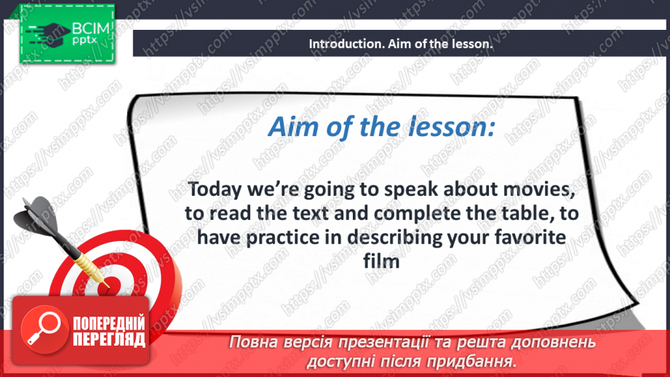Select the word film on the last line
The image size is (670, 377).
(x=381, y=261)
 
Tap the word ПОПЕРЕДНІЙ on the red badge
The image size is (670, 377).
(x=109, y=323)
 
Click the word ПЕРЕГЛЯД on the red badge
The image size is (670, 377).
(x=109, y=339)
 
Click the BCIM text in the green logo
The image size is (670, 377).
(x=91, y=28)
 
